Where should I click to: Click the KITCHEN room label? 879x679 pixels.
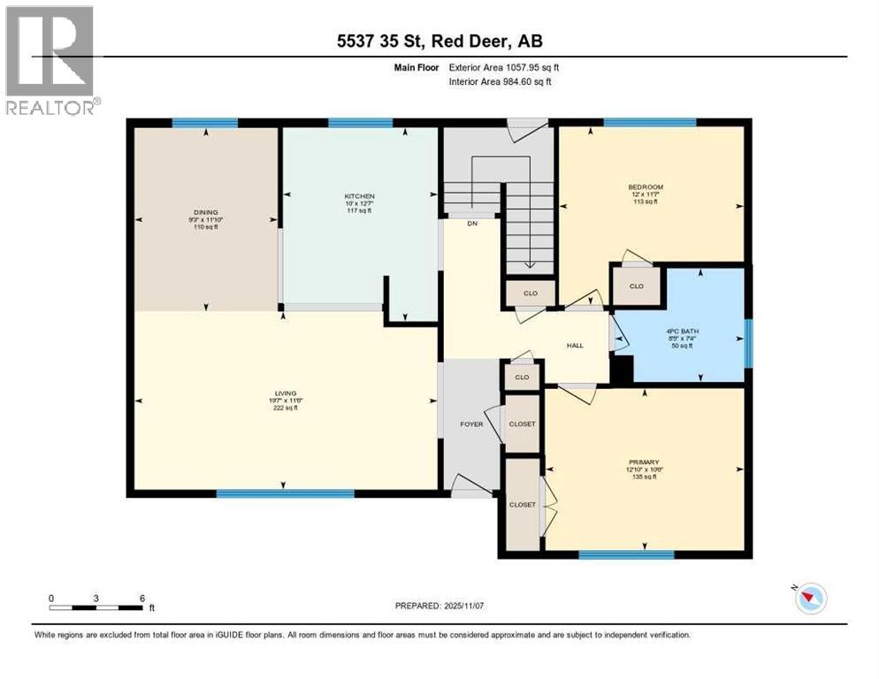pos(360,196)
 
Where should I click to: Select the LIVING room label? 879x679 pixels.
pos(285,393)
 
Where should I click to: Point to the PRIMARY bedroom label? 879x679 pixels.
pos(644,461)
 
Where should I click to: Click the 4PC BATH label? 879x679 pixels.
pos(681,333)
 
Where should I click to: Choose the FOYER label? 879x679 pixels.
pos(471,424)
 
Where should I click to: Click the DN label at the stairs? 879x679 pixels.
pos(472,224)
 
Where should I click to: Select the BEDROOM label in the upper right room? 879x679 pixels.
pos(646,187)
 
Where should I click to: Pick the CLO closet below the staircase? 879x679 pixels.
pos(529,293)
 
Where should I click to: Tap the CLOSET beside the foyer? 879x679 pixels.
pos(522,424)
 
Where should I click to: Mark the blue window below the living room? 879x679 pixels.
pos(285,493)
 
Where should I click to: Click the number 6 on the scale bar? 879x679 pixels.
pos(142,597)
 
